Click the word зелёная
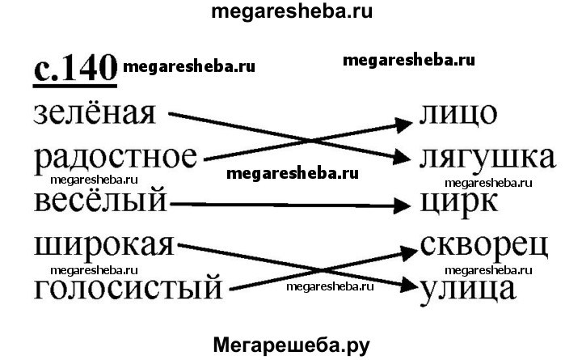click(x=95, y=112)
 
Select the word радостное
click(x=116, y=159)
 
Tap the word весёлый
click(x=100, y=200)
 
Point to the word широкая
click(x=104, y=246)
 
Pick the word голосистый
click(x=129, y=287)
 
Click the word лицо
click(x=458, y=114)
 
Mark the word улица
click(x=468, y=290)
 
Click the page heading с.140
click(x=75, y=69)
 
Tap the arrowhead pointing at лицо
click(x=403, y=125)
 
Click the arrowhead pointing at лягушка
click(x=402, y=156)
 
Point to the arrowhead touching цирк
click(x=402, y=205)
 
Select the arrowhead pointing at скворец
click(x=407, y=252)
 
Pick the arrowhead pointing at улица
click(x=407, y=284)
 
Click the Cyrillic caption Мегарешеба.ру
click(x=291, y=345)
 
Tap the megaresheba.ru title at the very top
click(x=292, y=11)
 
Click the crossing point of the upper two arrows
click(x=309, y=142)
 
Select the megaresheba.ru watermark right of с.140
click(x=189, y=67)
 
